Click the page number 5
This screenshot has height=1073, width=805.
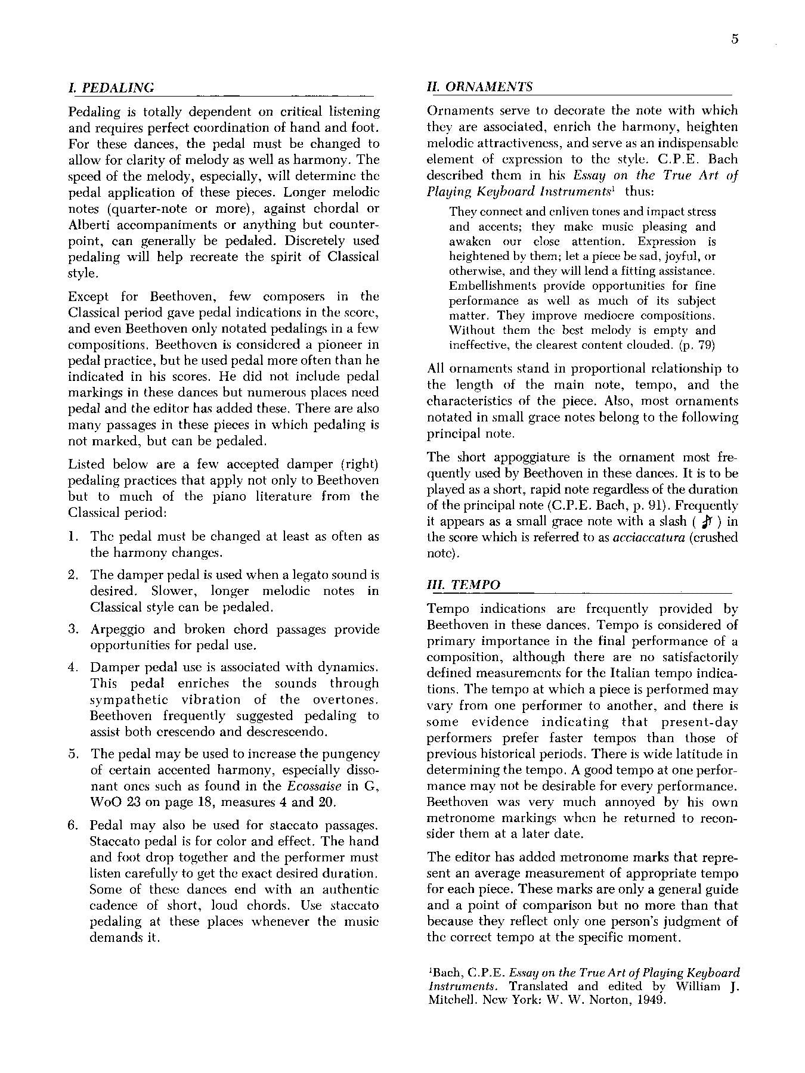(x=734, y=39)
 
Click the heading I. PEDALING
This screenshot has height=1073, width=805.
(x=112, y=88)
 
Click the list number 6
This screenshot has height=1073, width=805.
(x=73, y=826)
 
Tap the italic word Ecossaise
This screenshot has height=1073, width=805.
(x=314, y=786)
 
